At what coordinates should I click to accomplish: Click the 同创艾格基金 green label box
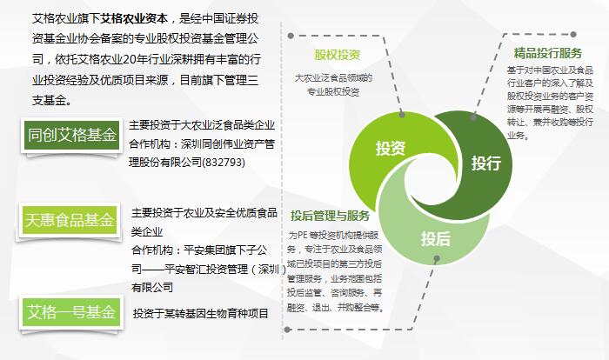(x=71, y=135)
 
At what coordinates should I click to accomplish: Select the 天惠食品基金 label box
(x=70, y=220)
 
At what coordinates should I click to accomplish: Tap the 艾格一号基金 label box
(x=71, y=312)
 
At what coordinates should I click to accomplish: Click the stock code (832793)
(x=224, y=162)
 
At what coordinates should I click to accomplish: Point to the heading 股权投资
(x=338, y=55)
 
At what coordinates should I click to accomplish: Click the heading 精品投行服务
(x=547, y=53)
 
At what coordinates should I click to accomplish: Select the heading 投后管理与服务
(x=330, y=216)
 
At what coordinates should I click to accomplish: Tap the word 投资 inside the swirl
(x=391, y=149)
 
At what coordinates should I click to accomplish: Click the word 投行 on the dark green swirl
(x=486, y=163)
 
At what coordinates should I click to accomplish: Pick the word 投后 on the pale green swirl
(x=436, y=238)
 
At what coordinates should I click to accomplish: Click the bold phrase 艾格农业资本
(x=134, y=18)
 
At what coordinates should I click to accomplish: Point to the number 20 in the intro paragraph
(x=129, y=59)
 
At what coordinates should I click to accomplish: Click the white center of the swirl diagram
(x=430, y=182)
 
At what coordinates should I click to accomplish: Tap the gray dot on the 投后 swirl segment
(x=437, y=258)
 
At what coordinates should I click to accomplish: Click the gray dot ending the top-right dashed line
(x=573, y=35)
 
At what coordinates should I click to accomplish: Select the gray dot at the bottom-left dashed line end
(x=287, y=330)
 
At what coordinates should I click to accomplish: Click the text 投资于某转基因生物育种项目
(x=201, y=313)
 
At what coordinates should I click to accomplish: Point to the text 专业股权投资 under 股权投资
(x=333, y=91)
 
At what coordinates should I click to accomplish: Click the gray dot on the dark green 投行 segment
(x=473, y=117)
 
